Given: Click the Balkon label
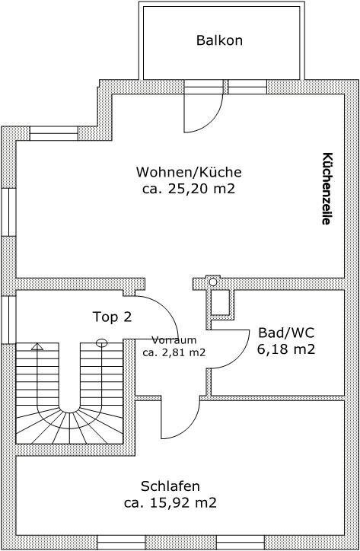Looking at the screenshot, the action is (219, 40).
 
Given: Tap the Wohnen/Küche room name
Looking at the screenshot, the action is (189, 172).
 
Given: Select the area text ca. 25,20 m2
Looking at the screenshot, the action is (189, 189).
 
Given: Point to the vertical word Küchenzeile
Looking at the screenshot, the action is (327, 188).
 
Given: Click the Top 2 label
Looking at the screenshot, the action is (113, 317).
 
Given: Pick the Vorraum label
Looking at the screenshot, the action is (174, 340).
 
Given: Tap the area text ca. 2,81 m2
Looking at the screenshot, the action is (174, 352).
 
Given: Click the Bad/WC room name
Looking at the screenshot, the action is (286, 333).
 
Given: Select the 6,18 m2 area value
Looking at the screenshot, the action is (286, 349).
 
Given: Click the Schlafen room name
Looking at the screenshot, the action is (170, 486).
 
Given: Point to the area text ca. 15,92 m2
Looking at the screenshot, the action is (170, 503).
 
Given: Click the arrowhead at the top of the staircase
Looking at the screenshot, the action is (37, 347).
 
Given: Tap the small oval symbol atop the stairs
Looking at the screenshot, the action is (101, 342).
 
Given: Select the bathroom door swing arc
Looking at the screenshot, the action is (239, 358).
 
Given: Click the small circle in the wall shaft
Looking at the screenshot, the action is (213, 282).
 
